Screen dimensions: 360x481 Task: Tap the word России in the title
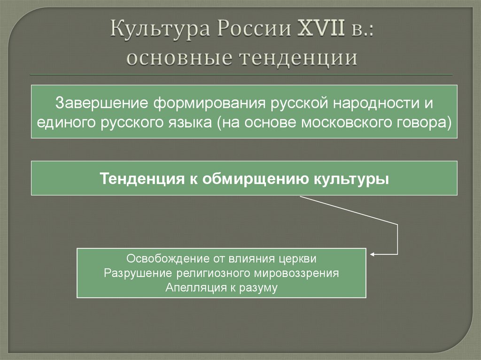pos(249,30)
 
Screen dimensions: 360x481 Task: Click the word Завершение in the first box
pos(97,102)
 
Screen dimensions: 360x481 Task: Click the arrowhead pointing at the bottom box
pos(372,255)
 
